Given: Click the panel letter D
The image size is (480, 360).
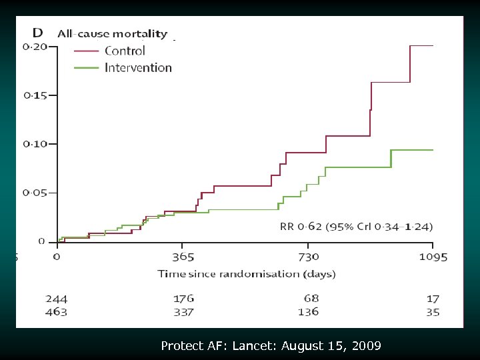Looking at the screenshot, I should (39, 33).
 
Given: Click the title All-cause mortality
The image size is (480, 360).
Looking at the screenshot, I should (112, 33).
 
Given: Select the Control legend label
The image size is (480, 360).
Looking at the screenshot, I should (125, 51).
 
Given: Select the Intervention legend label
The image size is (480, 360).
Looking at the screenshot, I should (138, 67).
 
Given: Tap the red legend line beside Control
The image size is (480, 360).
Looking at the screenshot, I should (86, 51).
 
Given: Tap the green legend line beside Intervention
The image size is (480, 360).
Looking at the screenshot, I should (86, 68).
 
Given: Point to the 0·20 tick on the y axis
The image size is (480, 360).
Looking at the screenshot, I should (35, 47).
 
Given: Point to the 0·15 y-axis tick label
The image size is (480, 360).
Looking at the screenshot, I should (35, 95).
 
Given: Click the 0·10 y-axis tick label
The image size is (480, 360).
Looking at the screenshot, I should (35, 144).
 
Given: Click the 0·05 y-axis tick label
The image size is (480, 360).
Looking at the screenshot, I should (35, 193).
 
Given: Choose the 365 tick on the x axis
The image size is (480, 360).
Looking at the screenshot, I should (183, 257).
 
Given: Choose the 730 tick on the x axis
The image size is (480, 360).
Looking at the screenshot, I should (308, 257).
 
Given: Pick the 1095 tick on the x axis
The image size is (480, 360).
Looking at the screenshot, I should (433, 257).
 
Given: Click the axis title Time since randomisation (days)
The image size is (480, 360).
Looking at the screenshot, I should (247, 274).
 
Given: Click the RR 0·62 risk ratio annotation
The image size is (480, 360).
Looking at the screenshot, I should (355, 227).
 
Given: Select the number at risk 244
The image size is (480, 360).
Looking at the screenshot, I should (56, 299).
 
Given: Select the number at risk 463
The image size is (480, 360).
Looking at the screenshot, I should (56, 312).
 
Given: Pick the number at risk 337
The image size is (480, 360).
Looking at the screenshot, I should (183, 312).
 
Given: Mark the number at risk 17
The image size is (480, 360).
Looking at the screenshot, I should (433, 299).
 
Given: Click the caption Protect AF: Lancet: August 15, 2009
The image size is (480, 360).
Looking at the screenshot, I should (271, 346).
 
